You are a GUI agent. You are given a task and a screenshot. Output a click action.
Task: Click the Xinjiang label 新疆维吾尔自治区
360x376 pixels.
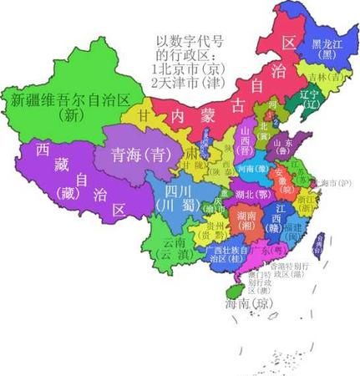point(70,107)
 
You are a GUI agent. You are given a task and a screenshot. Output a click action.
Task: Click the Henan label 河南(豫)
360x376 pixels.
point(253,168)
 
